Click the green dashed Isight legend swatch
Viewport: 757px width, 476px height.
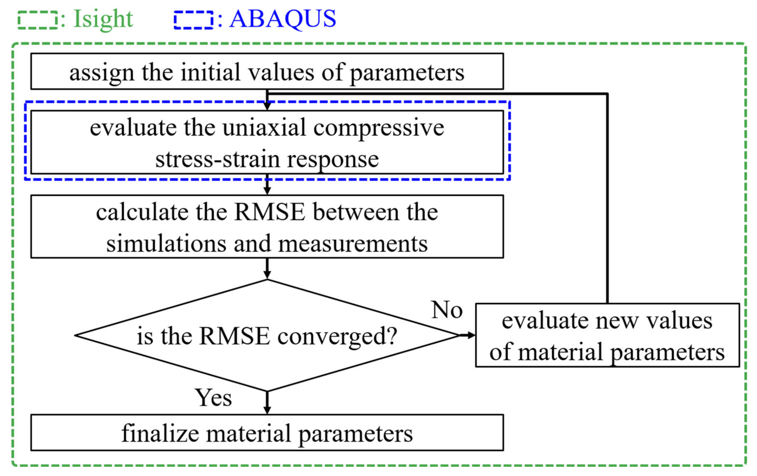[x=38, y=20]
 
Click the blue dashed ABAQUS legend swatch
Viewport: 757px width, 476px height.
[x=194, y=20]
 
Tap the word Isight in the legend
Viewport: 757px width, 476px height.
[x=103, y=19]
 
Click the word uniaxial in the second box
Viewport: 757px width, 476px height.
[x=264, y=128]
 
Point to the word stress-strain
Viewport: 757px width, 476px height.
[x=217, y=159]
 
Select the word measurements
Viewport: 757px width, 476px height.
[x=353, y=244]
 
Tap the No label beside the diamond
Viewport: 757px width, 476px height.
[x=447, y=310]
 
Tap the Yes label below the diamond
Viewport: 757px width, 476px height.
[x=214, y=398]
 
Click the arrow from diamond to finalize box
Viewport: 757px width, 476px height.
[x=267, y=404]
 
